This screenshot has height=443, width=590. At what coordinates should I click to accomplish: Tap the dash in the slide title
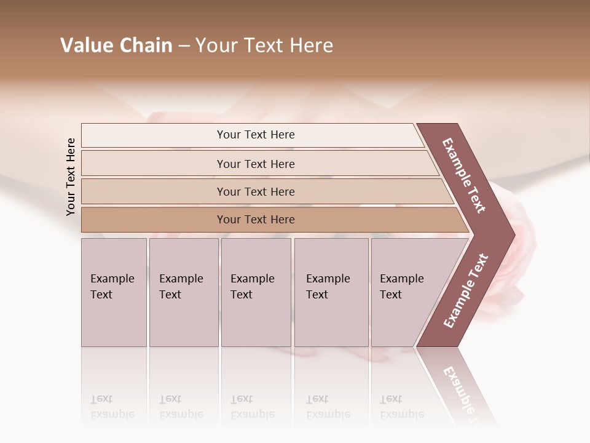(x=184, y=46)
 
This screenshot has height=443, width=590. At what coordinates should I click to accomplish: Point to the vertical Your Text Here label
(x=71, y=177)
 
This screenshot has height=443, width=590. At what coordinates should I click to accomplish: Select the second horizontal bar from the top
(x=256, y=164)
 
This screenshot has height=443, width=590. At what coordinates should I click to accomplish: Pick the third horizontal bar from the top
(x=256, y=191)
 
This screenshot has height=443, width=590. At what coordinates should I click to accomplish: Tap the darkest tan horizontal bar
(x=256, y=220)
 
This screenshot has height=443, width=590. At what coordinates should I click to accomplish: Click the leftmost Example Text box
(x=114, y=292)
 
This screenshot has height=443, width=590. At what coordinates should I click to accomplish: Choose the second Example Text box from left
(x=184, y=292)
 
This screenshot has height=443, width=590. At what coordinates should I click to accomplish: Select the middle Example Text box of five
(x=256, y=292)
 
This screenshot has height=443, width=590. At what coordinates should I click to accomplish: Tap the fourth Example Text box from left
(x=331, y=292)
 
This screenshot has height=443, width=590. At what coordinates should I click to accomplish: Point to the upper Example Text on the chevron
(x=464, y=175)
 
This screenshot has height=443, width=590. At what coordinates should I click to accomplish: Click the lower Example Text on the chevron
(x=466, y=291)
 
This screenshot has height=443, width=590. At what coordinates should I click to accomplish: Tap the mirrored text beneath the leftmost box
(x=112, y=407)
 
